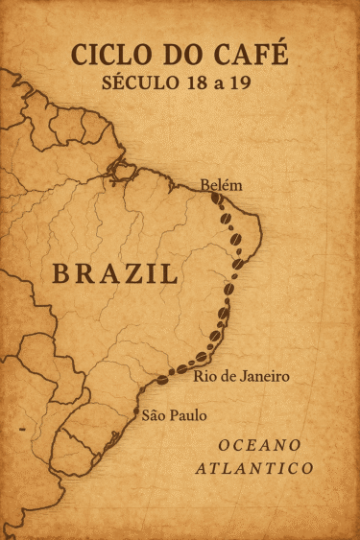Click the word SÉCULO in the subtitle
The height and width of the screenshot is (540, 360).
click(137, 82)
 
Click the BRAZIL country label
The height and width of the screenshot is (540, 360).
click(115, 273)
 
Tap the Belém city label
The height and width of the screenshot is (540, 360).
click(221, 185)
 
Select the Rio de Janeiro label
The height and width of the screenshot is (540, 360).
click(241, 376)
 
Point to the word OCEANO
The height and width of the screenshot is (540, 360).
click(259, 445)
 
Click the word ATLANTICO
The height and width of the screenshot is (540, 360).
click(254, 469)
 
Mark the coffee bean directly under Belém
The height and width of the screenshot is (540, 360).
click(217, 201)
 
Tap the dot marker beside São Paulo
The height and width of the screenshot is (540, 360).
click(134, 413)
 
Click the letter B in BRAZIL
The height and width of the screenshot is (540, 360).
click(61, 273)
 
